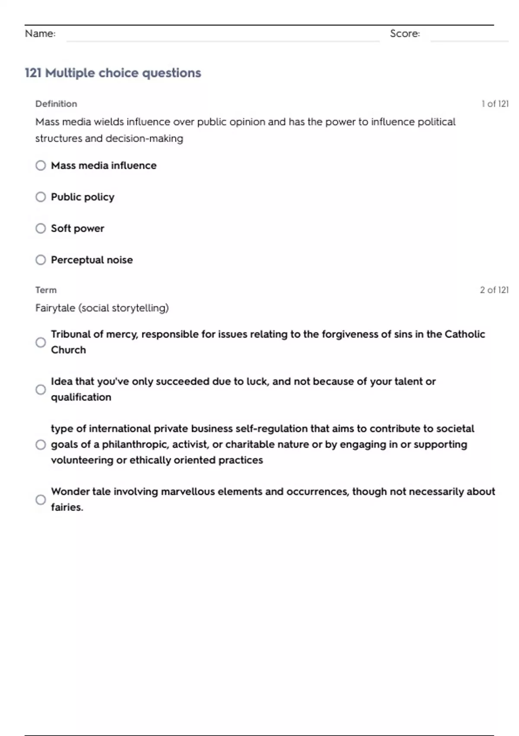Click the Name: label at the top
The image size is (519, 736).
point(40,34)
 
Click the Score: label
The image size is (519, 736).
point(405,34)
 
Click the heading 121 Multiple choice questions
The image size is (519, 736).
point(113,73)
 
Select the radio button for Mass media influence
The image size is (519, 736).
point(41,165)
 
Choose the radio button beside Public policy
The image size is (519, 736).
point(41,197)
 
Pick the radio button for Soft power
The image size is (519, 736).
point(41,228)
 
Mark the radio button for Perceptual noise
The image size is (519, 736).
point(41,260)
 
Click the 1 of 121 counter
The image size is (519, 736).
point(495,104)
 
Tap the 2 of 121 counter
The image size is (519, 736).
point(494,290)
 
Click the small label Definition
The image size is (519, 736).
point(56,104)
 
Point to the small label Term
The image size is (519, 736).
point(46,290)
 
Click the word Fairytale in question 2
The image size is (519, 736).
point(55,308)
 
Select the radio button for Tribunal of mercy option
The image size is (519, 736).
point(41,342)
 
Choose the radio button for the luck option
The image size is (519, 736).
point(41,390)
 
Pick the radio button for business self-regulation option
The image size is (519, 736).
point(41,445)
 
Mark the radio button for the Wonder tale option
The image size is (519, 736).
point(41,500)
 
